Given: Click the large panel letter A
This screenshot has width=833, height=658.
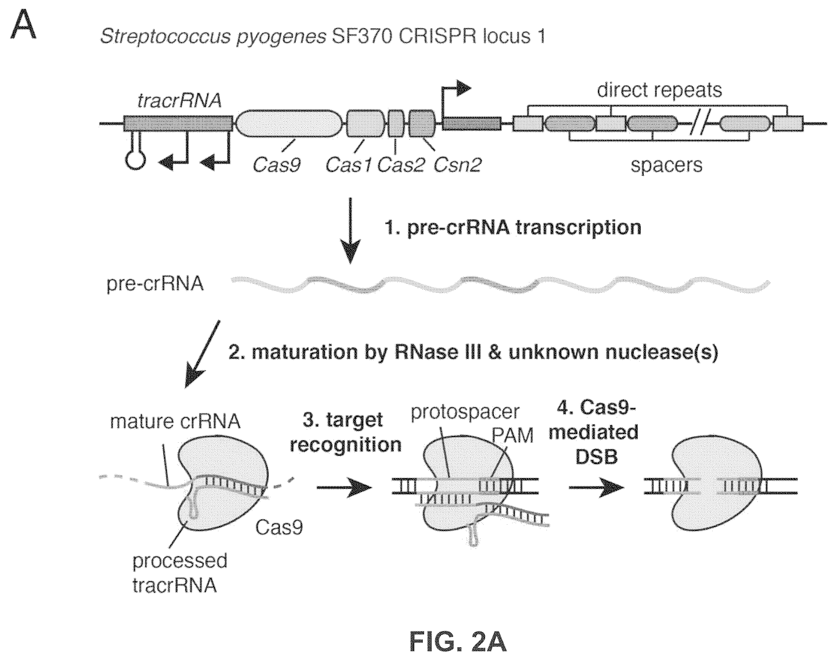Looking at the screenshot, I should (x=23, y=26).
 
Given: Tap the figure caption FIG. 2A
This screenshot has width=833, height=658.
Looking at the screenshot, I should (x=458, y=642).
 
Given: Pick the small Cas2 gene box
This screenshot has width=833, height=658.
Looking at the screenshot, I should (x=396, y=124).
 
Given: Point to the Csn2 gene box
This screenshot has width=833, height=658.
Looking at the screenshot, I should (x=422, y=124).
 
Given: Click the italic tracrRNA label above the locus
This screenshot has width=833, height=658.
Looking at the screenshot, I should (x=179, y=101).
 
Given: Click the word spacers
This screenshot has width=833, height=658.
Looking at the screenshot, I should (x=666, y=165).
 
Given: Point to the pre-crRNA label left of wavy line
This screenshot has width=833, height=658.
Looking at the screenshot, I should (x=155, y=284).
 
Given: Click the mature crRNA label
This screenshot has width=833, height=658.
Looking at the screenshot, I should (x=175, y=422).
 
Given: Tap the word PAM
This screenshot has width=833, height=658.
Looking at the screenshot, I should (x=512, y=436).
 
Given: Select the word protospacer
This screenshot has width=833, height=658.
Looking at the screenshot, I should (x=465, y=412).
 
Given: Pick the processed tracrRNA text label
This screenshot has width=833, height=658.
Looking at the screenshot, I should (x=179, y=573).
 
